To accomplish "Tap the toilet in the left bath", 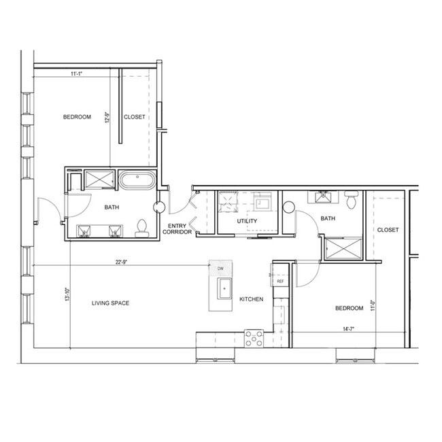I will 142,227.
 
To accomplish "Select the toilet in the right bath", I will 351,201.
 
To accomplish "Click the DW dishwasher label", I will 220,270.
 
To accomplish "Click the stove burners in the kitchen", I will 254,337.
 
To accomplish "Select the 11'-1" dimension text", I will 78,75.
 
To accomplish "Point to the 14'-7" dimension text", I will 350,329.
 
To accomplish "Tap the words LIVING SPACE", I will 110,303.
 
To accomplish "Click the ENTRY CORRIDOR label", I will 177,229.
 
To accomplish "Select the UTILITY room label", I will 247,222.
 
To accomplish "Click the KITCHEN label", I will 252,299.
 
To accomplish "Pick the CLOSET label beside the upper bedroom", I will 134,117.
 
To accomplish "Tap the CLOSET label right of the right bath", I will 388,230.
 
